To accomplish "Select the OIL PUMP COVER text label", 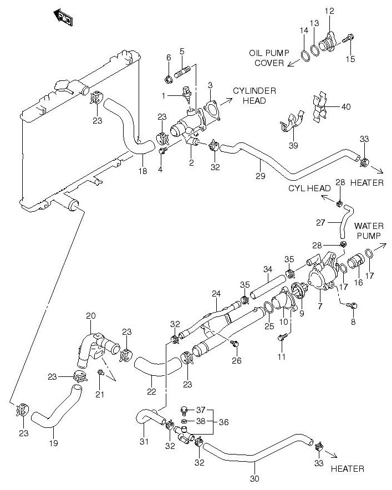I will tap(269, 58).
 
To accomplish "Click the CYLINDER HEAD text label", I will tap(254, 95).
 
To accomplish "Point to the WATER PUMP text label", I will tap(369, 231).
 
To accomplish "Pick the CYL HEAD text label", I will tap(310, 188).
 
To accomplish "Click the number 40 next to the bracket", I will tap(345, 107).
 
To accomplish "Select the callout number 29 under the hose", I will tap(261, 176).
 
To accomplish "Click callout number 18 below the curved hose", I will tap(142, 171).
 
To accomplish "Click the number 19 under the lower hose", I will tap(53, 443).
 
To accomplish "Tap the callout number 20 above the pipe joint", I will tap(91, 316).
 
